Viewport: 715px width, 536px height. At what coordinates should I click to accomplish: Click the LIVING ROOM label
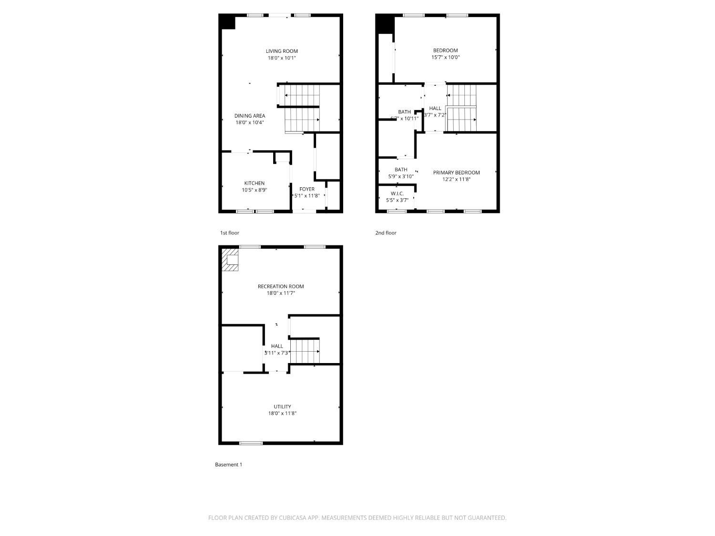click(282, 51)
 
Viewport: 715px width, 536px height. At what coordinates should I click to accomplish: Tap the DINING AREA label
click(249, 116)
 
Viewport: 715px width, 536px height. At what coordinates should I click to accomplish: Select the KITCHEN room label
click(254, 183)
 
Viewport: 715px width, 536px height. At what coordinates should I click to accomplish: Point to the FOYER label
click(307, 189)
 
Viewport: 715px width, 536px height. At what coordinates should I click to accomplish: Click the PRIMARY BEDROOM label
click(456, 172)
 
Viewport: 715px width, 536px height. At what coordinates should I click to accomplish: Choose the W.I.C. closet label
click(397, 193)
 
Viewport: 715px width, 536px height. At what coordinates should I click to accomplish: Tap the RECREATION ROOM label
click(281, 286)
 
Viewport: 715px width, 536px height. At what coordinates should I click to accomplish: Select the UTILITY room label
click(282, 406)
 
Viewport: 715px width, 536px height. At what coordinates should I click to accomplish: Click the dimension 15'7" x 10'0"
click(445, 57)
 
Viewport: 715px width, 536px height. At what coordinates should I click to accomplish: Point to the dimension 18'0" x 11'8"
click(282, 414)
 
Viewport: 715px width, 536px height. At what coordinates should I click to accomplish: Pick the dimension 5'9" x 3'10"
click(401, 176)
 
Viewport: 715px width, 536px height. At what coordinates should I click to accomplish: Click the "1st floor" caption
click(229, 233)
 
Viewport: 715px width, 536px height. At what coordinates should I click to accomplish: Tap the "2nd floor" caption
click(386, 233)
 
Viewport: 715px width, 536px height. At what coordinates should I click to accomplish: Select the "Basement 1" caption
click(228, 465)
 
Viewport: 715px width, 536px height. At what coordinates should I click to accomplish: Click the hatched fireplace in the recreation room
click(231, 260)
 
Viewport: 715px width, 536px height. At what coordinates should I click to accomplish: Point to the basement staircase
click(305, 351)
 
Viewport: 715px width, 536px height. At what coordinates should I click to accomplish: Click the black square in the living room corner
click(228, 22)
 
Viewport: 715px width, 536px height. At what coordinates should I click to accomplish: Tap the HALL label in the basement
click(277, 346)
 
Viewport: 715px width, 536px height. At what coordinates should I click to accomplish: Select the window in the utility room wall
click(251, 443)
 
